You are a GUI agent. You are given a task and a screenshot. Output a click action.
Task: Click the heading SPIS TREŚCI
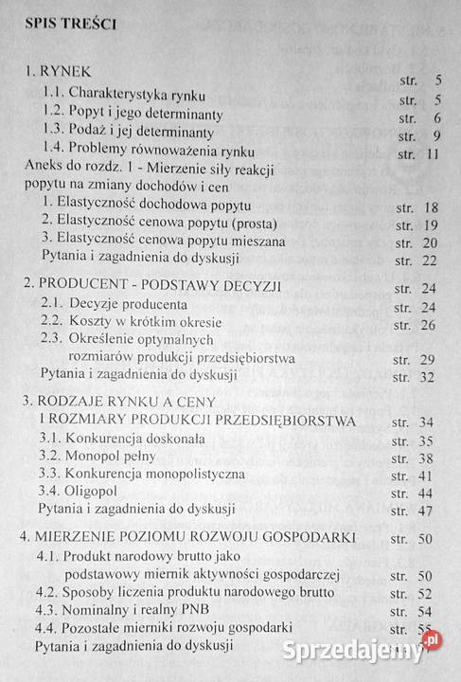[x=66, y=26]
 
